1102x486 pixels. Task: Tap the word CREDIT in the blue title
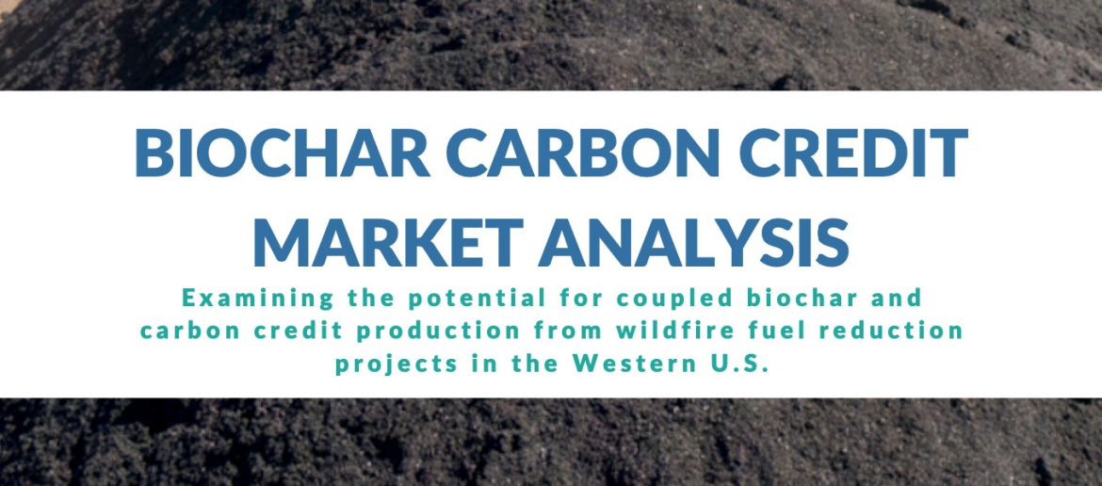[853, 153]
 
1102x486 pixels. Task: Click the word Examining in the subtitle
[258, 299]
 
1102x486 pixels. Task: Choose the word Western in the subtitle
[628, 364]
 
